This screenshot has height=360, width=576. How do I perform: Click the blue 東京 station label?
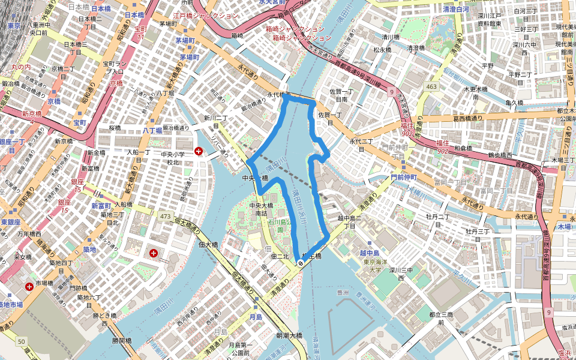pyautogui.click(x=14, y=26)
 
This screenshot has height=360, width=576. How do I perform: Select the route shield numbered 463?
pyautogui.click(x=431, y=87)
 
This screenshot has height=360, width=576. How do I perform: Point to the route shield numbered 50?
pyautogui.click(x=22, y=341)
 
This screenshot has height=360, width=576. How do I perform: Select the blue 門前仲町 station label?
pyautogui.click(x=404, y=178)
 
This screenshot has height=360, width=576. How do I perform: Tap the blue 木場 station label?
pyautogui.click(x=564, y=227)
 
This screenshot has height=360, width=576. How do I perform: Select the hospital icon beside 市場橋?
pyautogui.click(x=29, y=287)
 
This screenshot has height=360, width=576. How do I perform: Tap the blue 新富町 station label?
pyautogui.click(x=101, y=206)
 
